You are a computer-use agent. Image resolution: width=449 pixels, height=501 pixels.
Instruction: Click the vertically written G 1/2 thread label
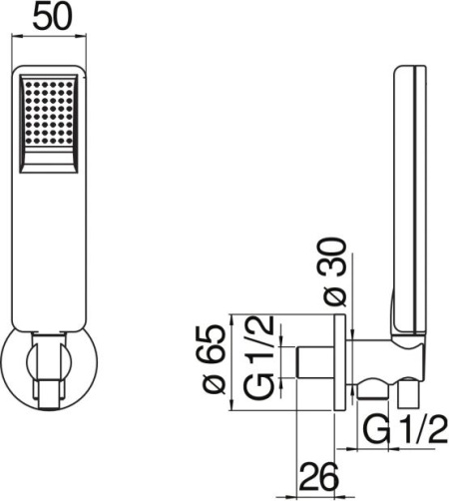click(257, 360)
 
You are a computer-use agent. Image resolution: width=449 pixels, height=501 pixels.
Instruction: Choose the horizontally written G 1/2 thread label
click(403, 431)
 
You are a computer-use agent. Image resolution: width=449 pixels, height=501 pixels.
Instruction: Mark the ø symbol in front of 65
click(212, 392)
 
